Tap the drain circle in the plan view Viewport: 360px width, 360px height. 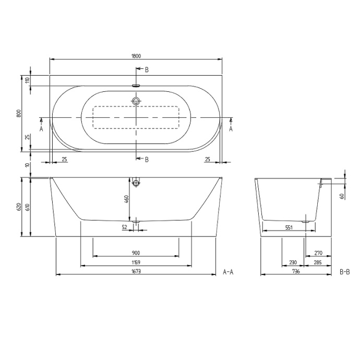(137, 101)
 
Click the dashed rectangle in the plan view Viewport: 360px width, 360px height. (136, 117)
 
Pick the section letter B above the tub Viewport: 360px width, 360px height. (147, 69)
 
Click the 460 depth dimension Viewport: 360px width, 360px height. (126, 200)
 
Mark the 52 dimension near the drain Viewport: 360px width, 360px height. (125, 227)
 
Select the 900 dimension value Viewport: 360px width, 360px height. (137, 253)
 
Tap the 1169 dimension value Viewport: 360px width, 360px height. (137, 262)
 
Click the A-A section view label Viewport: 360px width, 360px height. (229, 272)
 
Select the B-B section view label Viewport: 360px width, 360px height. (345, 272)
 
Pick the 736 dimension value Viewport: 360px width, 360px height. (296, 271)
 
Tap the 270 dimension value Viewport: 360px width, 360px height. (319, 253)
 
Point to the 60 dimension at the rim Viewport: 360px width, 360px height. (341, 196)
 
